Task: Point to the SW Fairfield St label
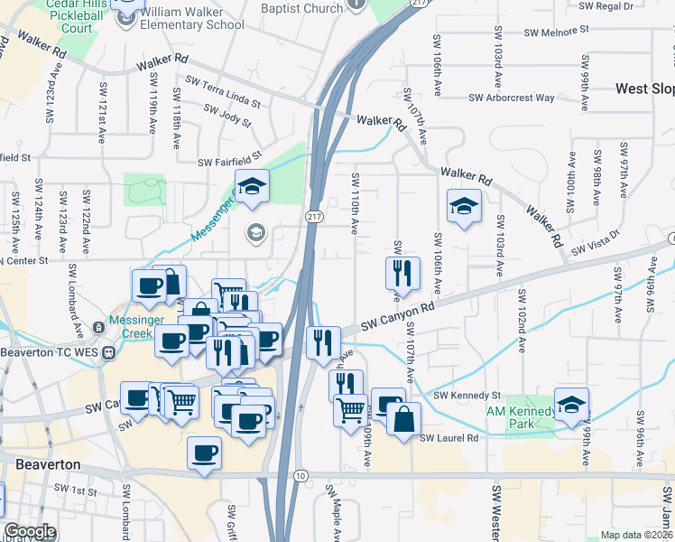229,159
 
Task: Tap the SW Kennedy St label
467,396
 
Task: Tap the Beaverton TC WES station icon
108,352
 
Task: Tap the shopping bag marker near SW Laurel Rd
404,418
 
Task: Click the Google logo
30,531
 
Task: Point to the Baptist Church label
301,8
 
